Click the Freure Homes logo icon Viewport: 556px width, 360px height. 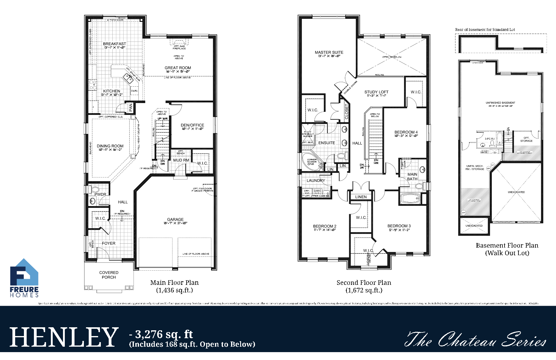[24, 273]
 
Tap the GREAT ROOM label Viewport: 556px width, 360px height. [178, 68]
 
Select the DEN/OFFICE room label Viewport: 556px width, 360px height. [192, 125]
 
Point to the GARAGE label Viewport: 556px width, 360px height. [175, 220]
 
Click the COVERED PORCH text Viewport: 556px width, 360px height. [109, 275]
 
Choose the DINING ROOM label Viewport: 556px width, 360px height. [110, 146]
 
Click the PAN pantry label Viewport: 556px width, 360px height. [131, 107]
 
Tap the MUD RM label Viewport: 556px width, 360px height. [181, 160]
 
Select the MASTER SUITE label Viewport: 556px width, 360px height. [329, 52]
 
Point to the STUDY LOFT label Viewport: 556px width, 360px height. [376, 92]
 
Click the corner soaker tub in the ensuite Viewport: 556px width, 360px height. [310, 162]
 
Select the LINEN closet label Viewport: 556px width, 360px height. [361, 197]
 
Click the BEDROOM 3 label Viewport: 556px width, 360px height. [399, 226]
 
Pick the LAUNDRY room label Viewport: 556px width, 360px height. [316, 181]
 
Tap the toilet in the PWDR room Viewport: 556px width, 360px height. [95, 189]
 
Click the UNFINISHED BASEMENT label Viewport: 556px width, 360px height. [500, 103]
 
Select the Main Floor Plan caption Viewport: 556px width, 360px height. [174, 283]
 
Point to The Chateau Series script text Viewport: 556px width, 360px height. [475, 340]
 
